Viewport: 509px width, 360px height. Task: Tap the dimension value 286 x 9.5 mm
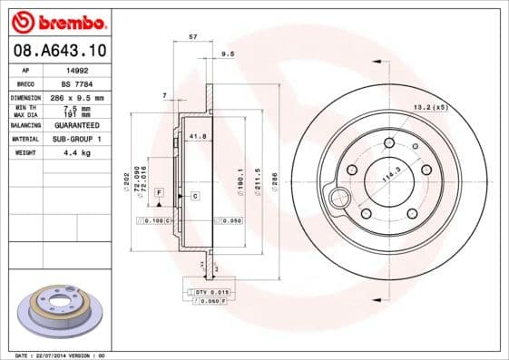[x=84, y=97]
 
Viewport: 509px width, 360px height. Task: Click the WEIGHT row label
[x=24, y=153]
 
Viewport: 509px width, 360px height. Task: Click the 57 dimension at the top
[x=192, y=36]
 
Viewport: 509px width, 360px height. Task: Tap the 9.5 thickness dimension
[x=228, y=54]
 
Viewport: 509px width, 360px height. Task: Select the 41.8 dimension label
[x=197, y=136]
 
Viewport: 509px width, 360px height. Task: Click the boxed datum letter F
[x=158, y=194]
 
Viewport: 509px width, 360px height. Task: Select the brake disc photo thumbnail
[x=60, y=313]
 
